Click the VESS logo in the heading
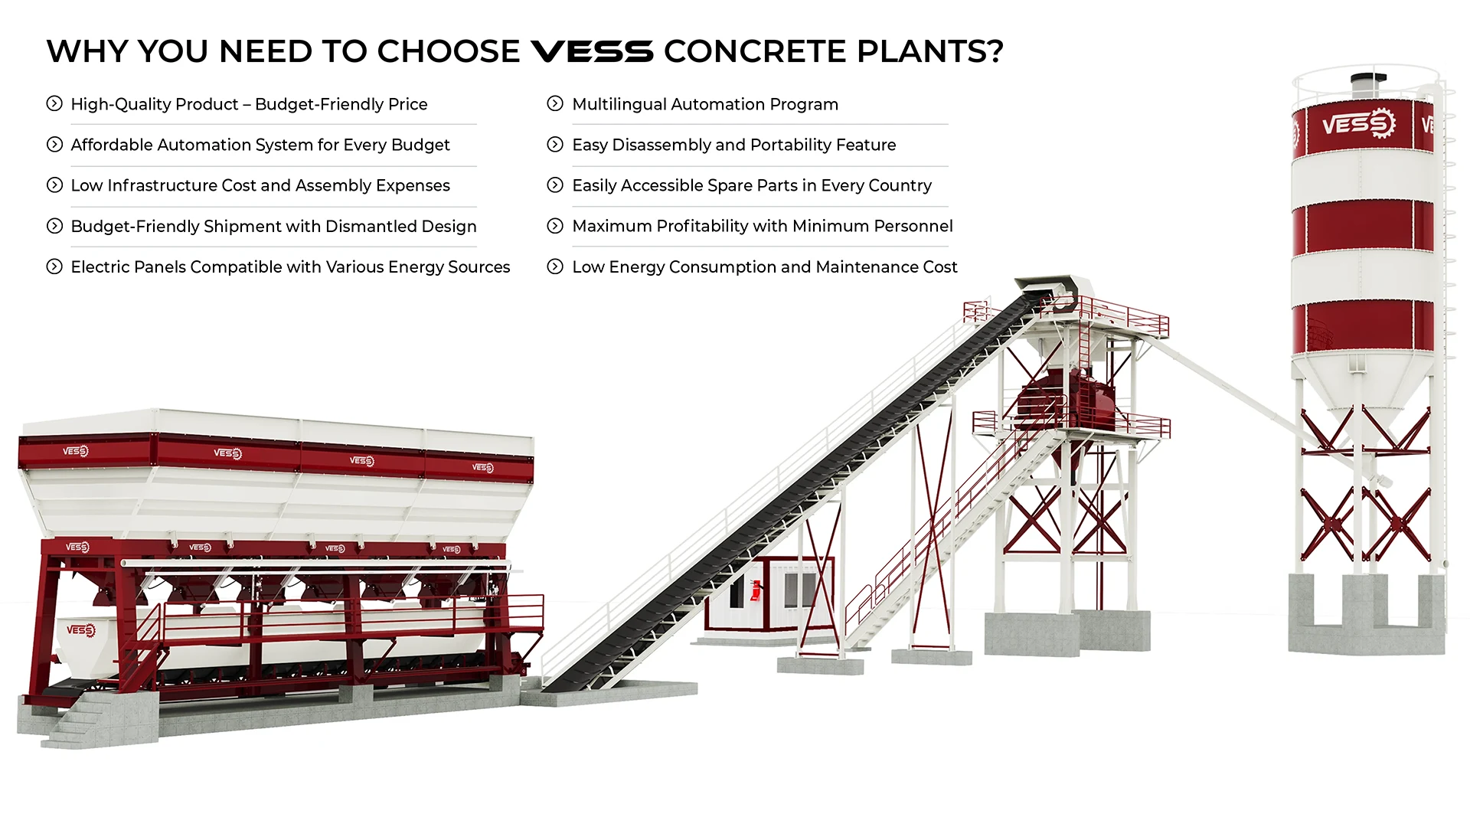[592, 51]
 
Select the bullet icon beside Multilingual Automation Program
[555, 103]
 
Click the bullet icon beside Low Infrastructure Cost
[54, 185]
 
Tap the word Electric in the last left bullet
[99, 266]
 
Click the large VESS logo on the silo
[1359, 123]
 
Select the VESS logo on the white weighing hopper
[80, 630]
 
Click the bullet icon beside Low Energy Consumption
[555, 266]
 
